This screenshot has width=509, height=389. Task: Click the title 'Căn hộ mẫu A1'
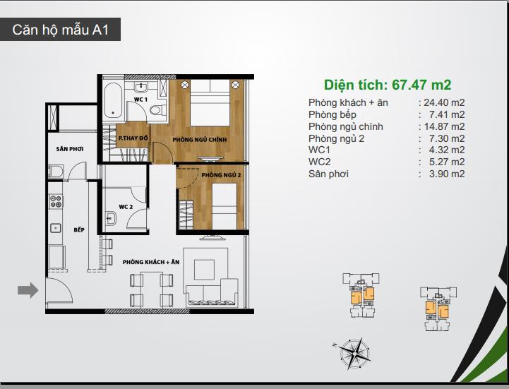coord(61,30)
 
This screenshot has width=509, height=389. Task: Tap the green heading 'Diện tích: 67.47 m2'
coord(388,85)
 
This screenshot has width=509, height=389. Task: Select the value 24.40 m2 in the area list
coord(444,102)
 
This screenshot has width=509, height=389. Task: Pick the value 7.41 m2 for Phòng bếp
coord(447,114)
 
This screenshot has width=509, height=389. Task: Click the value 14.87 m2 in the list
coord(444,126)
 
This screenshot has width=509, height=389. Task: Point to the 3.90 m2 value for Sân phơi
coord(447,174)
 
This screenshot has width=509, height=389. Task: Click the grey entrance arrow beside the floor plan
coord(28,290)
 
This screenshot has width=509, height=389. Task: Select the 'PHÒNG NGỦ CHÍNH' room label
coord(200,140)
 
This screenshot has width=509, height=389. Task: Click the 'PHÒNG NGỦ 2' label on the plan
coord(221,175)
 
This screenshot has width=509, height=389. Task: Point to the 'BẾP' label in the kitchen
coord(79,229)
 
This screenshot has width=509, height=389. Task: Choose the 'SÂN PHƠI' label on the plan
coord(70,149)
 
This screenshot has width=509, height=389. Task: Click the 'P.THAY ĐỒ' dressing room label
coord(133,138)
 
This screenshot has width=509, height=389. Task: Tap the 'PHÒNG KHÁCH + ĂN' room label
coord(151,262)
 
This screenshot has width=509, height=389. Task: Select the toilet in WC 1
coord(157,109)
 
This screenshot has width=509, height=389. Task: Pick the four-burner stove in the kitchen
coord(56,201)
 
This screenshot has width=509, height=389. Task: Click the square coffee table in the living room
coord(204,270)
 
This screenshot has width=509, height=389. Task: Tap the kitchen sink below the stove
coord(56,228)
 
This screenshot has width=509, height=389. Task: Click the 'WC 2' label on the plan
coord(126,207)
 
